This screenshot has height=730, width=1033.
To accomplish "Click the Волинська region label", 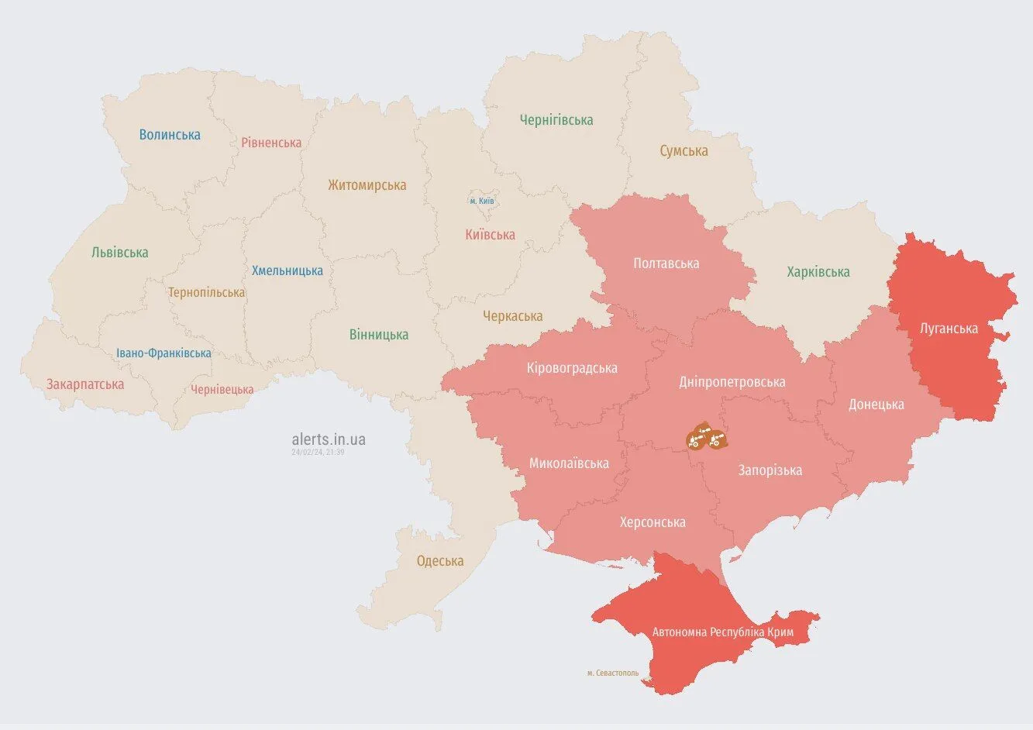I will click(170, 135).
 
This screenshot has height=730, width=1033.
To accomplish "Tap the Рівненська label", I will click(271, 143).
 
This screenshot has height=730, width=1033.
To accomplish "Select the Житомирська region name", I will click(367, 185).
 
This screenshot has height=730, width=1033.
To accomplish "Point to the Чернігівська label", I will click(556, 120).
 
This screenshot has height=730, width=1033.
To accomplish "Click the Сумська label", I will click(684, 151).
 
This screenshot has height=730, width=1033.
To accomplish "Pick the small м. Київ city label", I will click(481, 201).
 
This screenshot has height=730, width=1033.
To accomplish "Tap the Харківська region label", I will click(818, 272).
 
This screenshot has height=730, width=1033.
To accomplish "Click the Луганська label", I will click(949, 329).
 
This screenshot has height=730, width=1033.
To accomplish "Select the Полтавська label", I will click(666, 263).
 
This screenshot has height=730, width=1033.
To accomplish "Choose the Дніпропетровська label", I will click(732, 382).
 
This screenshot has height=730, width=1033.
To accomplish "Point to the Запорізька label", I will click(770, 470).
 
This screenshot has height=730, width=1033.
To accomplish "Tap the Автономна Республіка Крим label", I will click(722, 632).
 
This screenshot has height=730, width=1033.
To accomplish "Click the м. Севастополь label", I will click(613, 673).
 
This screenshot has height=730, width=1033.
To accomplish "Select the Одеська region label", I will click(439, 561).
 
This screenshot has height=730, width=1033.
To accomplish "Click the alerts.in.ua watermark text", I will click(329, 439).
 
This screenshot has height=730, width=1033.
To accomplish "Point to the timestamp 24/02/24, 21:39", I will click(318, 452).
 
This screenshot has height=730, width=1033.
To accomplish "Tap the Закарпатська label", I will click(85, 384).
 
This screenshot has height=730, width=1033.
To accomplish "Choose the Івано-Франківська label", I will click(164, 353).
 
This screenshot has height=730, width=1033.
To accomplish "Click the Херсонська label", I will click(653, 522).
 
